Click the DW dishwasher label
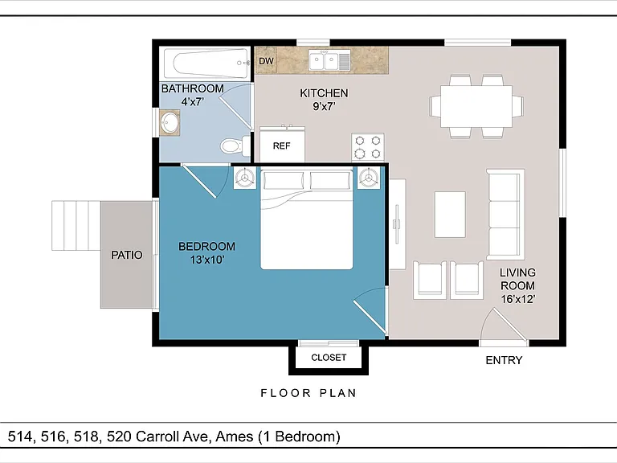tap(266, 61)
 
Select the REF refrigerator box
tap(282, 144)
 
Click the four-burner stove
tap(368, 147)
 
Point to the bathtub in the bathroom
tap(206, 63)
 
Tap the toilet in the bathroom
tap(235, 146)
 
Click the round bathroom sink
tap(170, 123)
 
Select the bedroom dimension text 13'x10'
tap(207, 260)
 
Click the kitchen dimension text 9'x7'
tap(324, 106)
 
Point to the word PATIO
tap(127, 255)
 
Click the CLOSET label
tap(329, 358)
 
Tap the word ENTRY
tap(504, 360)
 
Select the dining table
tap(476, 106)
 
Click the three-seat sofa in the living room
tap(505, 215)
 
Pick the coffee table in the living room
tap(450, 215)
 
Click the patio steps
tap(76, 226)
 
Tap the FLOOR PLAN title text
tap(308, 393)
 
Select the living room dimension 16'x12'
tap(518, 299)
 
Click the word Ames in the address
tap(234, 436)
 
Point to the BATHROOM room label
tap(193, 88)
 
